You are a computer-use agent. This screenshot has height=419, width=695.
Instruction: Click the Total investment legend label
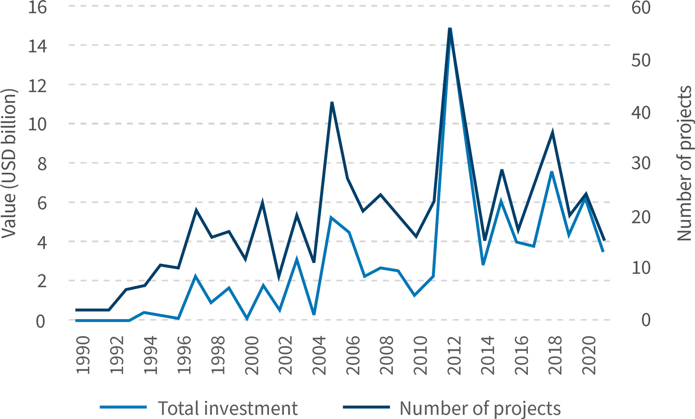coord(228,408)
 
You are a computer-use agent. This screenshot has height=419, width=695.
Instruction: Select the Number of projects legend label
coord(480,408)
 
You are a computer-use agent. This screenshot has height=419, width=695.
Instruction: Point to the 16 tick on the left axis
coord(37,7)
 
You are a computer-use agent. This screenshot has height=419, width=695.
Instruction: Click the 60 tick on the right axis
coord(641,7)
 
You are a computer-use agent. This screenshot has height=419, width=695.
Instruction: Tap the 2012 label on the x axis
coord(454,355)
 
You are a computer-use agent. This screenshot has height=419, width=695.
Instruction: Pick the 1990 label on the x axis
coord(83,355)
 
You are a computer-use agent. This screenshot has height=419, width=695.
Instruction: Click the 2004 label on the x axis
coord(319,355)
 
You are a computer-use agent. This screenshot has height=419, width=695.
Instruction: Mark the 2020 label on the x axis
coord(589,355)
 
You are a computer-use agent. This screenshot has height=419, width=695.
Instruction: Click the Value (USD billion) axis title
coord(9,163)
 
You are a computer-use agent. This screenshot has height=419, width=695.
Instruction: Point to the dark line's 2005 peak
coord(332,103)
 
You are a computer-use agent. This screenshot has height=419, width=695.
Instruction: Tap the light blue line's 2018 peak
coord(552,172)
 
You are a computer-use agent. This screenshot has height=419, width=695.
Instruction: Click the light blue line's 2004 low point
coord(314,314)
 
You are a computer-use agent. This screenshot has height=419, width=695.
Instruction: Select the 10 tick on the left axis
coord(37,124)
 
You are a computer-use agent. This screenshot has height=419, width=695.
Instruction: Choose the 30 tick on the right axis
coord(641,163)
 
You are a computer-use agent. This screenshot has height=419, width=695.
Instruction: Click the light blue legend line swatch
coord(123,407)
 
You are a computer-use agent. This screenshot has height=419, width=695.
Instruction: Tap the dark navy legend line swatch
coord(366,407)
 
